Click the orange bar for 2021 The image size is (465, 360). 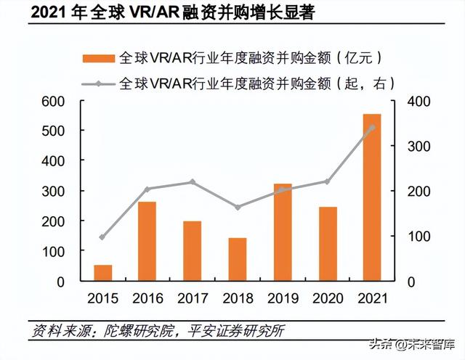click(x=372, y=197)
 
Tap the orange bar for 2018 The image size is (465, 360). click(x=238, y=259)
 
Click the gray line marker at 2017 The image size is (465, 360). click(x=193, y=181)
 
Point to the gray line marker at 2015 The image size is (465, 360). click(x=102, y=237)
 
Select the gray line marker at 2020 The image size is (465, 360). click(x=327, y=181)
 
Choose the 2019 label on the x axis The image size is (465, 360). click(x=282, y=298)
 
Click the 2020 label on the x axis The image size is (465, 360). click(x=327, y=298)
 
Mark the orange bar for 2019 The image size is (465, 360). click(x=282, y=232)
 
